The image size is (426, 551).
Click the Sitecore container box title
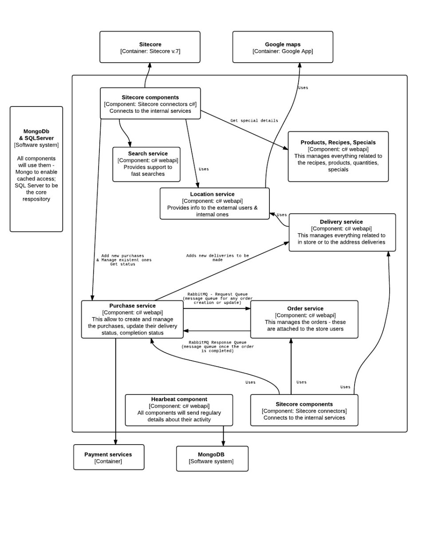coord(150,44)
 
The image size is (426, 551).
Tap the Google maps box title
coord(283,44)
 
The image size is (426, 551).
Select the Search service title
coord(148,153)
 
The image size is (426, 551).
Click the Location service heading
coord(212,194)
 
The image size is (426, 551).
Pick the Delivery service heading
coord(341,222)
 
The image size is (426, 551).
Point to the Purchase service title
coord(132,306)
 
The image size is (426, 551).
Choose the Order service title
coord(305,308)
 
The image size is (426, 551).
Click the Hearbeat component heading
coord(179,399)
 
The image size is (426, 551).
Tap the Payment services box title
coord(108,454)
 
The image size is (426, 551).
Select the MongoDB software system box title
coord(211,454)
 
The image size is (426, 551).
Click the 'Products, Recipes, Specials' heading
coord(338,142)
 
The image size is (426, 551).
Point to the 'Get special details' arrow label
coord(254,120)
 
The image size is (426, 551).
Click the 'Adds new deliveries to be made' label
coord(217,258)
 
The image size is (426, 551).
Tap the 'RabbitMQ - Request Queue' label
coord(217,294)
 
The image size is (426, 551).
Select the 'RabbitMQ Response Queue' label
coord(217,342)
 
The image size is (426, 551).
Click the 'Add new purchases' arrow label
coord(122,256)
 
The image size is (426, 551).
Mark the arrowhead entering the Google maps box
coord(300,65)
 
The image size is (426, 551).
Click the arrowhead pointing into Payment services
coord(116,442)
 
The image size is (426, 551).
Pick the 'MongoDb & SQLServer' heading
coord(36,134)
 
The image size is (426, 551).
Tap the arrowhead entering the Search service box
coord(130,145)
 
